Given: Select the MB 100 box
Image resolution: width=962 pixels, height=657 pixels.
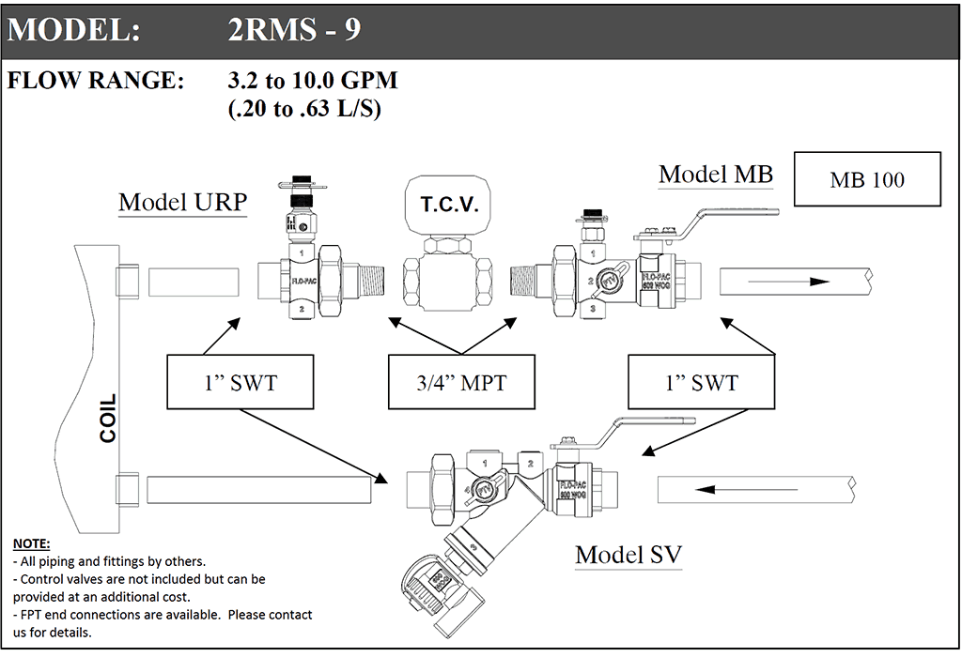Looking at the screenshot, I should [867, 179].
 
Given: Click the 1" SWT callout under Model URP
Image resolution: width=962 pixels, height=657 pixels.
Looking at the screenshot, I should [240, 382].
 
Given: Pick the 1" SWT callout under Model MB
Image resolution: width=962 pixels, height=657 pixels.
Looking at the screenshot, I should [701, 382].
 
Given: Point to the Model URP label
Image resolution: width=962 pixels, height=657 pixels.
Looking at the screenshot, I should [182, 203].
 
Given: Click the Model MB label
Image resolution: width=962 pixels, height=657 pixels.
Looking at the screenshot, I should [716, 175].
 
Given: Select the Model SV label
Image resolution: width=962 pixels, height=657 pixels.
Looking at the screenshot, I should [628, 555].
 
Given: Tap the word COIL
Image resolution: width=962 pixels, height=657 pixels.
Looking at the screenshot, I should [108, 419].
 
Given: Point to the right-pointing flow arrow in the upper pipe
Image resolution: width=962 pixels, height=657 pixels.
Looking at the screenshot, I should [806, 281].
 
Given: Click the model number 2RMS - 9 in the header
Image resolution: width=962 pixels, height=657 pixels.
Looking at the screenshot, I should [293, 30].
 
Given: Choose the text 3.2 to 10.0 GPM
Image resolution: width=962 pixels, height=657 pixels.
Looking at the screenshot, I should [313, 81].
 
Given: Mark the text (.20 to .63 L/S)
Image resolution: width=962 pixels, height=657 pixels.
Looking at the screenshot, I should [303, 109].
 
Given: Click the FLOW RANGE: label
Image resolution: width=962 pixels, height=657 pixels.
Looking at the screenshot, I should [96, 81].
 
